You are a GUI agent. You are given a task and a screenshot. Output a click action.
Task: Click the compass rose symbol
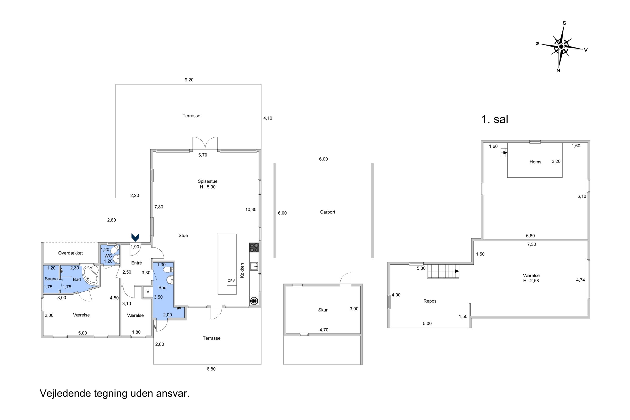[x=561, y=47]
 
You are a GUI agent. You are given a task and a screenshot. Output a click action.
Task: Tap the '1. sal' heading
[x=495, y=119]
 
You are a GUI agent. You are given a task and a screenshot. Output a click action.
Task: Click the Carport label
[x=327, y=212]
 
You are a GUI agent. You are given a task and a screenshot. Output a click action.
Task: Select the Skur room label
[x=323, y=310]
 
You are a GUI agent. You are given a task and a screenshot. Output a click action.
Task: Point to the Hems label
[x=535, y=162]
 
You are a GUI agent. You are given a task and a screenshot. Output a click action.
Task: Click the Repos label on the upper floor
[x=430, y=301]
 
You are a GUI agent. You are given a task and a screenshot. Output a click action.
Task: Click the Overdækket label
[x=71, y=253]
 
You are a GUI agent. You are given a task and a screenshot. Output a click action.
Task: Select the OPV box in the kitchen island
[x=231, y=280]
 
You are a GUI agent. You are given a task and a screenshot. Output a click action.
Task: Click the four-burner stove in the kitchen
[x=254, y=247]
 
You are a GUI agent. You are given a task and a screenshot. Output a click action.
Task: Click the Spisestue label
[x=207, y=181]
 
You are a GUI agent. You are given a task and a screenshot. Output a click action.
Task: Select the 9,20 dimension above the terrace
[x=189, y=80]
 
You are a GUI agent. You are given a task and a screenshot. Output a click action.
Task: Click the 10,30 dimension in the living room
[x=251, y=209]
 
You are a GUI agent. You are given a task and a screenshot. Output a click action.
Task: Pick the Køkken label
[x=242, y=270]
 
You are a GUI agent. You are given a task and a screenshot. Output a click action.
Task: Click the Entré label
[x=137, y=263]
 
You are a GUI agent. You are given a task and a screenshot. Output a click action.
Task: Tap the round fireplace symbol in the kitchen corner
[x=254, y=301]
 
